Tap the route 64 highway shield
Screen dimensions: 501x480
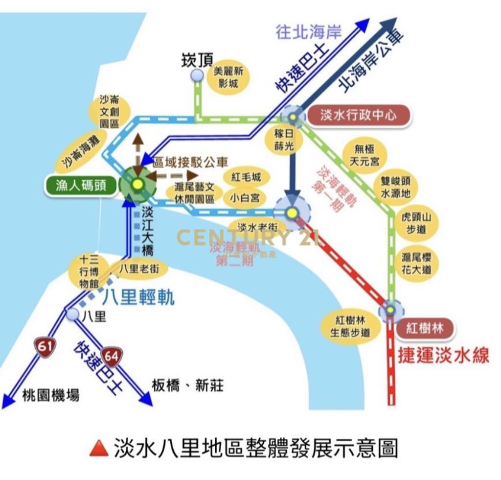click(112, 356)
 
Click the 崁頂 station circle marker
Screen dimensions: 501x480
click(197, 75)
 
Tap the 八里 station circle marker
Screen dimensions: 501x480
click(74, 314)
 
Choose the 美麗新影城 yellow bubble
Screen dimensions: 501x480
click(228, 77)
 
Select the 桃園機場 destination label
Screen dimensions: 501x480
click(51, 395)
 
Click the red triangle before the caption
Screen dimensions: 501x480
click(99, 448)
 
